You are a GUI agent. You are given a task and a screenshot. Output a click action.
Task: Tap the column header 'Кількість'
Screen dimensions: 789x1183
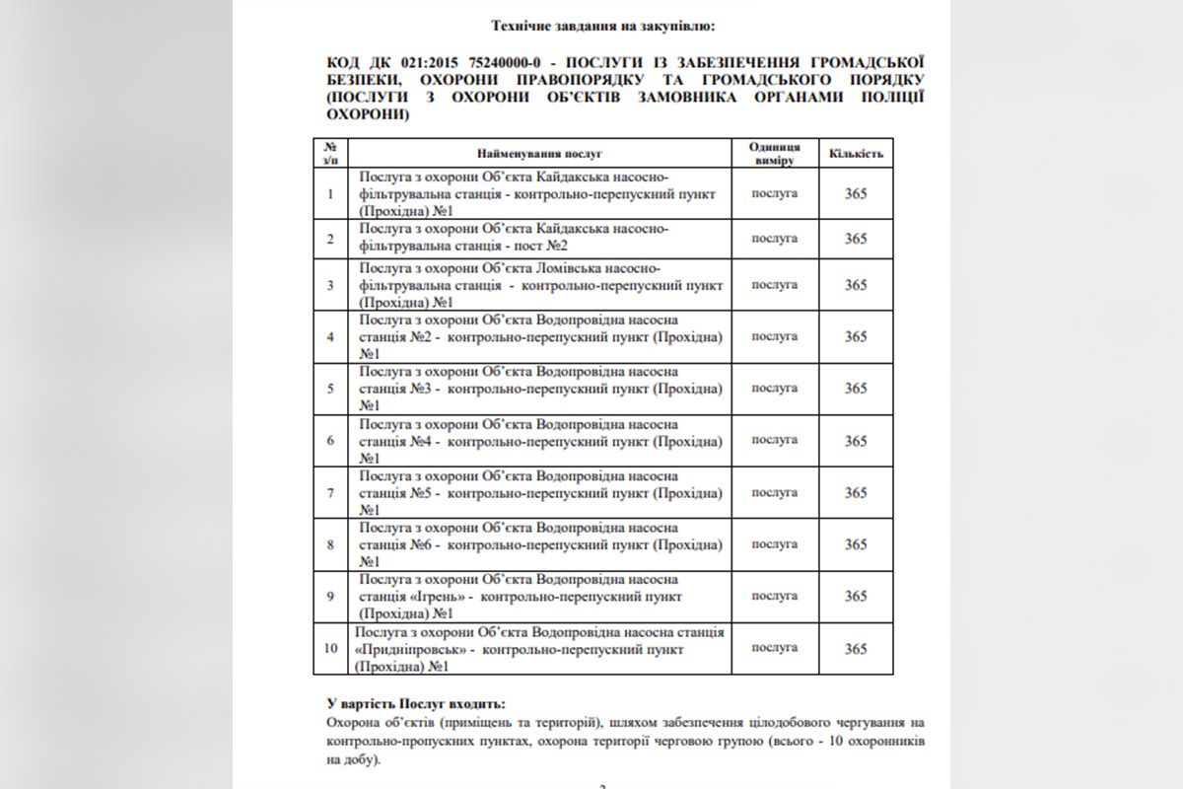pos(855,154)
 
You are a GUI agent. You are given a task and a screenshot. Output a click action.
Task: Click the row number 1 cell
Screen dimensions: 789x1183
pos(330,193)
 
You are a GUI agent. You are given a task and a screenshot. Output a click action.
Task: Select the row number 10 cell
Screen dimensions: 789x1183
pos(330,649)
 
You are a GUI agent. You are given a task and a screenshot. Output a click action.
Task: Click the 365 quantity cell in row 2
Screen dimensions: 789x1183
pos(855,239)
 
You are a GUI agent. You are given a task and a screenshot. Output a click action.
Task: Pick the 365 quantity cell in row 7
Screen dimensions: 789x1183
pos(855,492)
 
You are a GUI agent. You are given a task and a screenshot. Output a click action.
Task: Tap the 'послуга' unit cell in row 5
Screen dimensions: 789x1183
pos(774,388)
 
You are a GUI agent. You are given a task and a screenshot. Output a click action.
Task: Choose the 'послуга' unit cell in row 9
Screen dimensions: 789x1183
pos(774,596)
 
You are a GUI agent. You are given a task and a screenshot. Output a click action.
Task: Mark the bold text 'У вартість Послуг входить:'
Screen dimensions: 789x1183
pos(414,703)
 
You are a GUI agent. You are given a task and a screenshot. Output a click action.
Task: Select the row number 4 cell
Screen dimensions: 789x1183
pos(330,336)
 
